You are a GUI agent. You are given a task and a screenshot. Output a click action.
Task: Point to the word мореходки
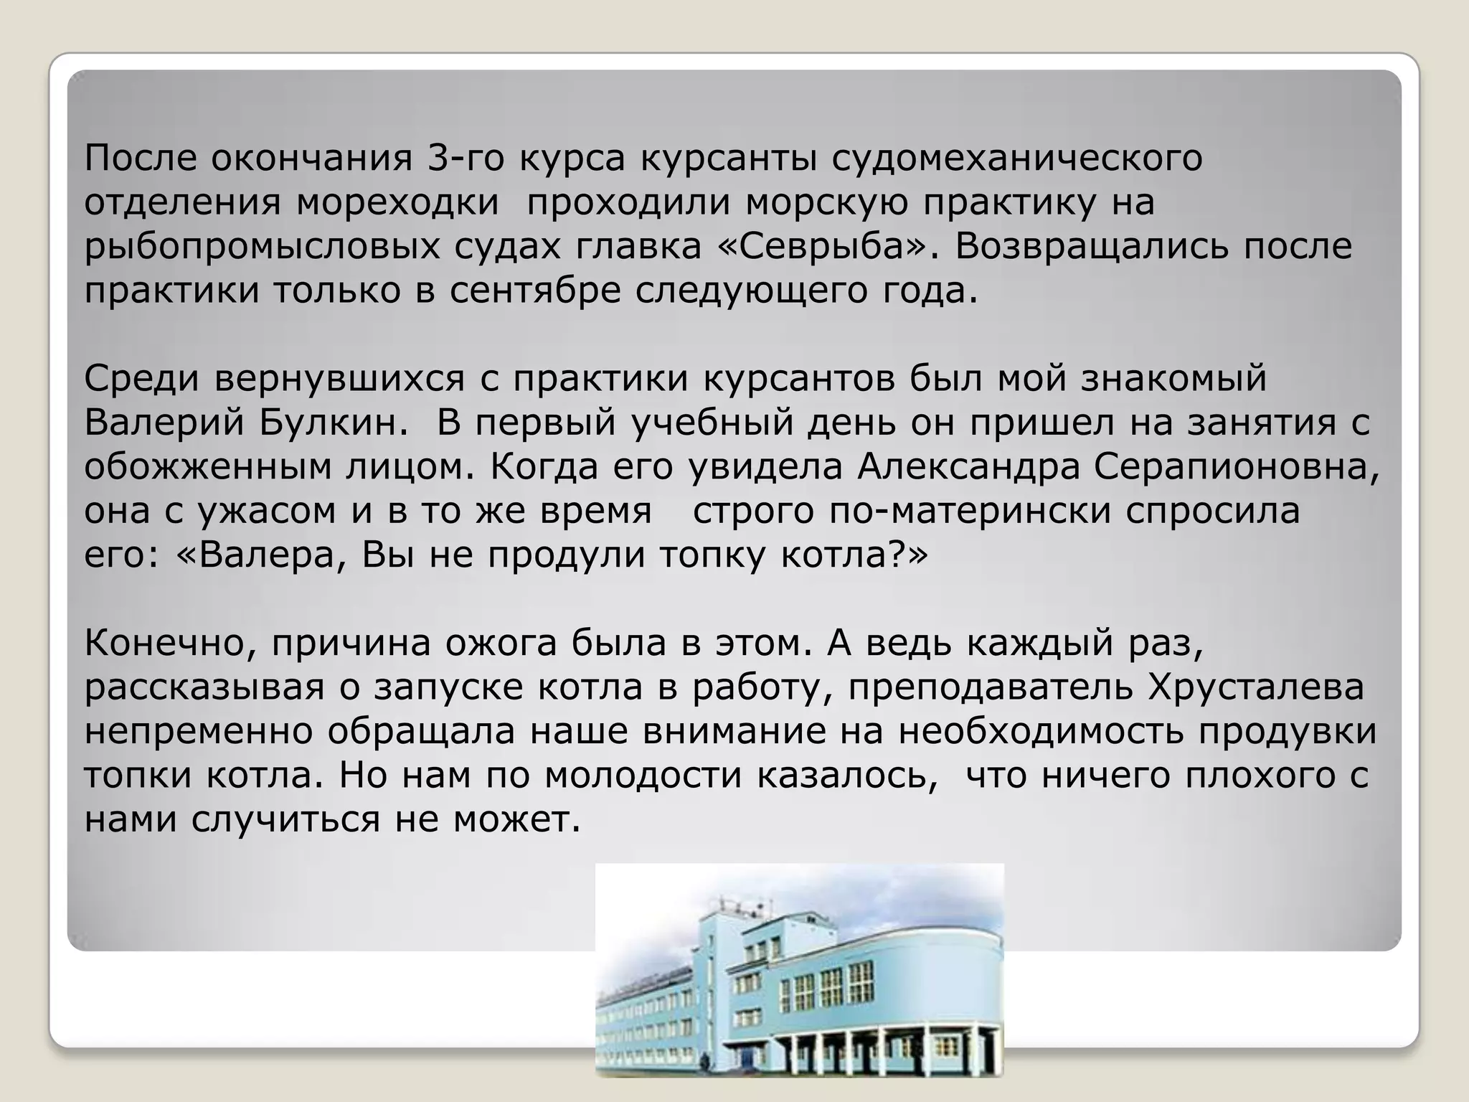(x=398, y=202)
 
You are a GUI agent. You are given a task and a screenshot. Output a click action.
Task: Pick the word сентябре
(x=535, y=291)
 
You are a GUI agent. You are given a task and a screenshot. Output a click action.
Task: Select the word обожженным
(x=208, y=467)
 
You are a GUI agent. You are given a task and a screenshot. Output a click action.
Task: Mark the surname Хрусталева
(x=1256, y=687)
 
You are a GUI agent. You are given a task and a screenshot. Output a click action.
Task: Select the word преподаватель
(x=991, y=687)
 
